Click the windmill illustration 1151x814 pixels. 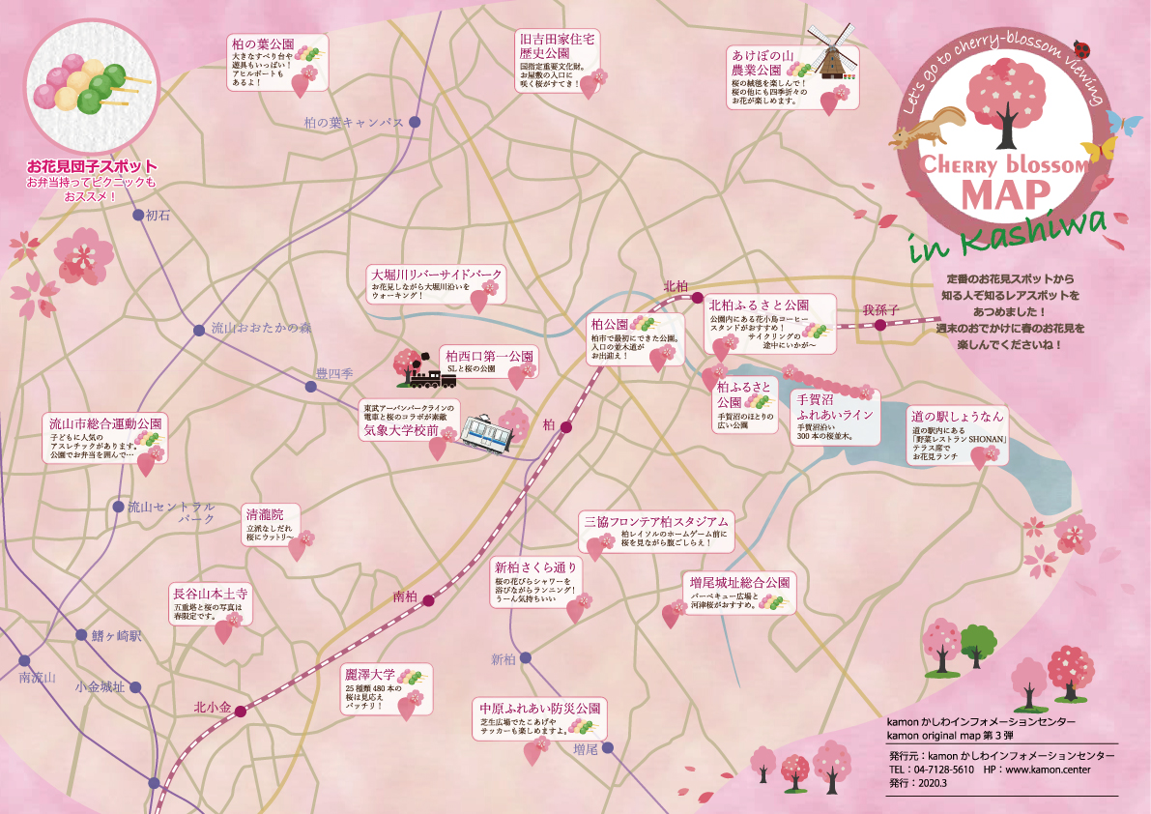pos(830,53)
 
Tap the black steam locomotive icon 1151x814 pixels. pos(417,366)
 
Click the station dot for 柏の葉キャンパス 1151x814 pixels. pos(415,122)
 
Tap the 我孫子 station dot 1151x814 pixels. pos(879,326)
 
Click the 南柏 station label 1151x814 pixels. pos(405,597)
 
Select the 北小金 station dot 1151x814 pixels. pos(240,711)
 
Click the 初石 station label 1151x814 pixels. pos(157,216)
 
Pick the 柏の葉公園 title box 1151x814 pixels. pos(262,45)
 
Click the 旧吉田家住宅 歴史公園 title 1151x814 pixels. pos(558,44)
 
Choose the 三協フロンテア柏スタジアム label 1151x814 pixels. pos(654,521)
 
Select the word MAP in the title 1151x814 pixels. pos(1005,194)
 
